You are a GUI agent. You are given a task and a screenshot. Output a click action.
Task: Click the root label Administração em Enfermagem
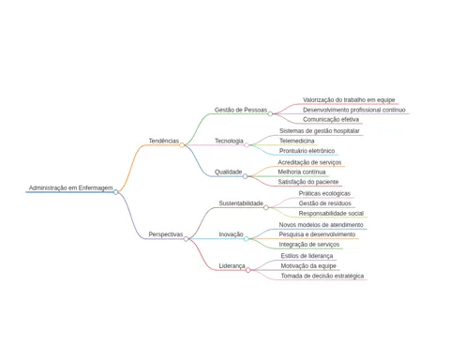[x=70, y=187]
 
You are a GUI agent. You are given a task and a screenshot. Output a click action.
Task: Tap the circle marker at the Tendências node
[x=182, y=145]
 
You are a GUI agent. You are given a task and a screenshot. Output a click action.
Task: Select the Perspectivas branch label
[x=166, y=234]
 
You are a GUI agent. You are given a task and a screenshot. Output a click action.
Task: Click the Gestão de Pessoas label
[x=241, y=110]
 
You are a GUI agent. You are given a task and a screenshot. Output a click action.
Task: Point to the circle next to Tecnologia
[x=247, y=145]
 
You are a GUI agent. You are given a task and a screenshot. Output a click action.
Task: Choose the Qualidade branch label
[x=228, y=172]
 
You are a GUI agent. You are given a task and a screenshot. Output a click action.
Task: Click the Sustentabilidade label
[x=241, y=203]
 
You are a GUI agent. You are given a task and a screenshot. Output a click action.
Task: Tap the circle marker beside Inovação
[x=247, y=239]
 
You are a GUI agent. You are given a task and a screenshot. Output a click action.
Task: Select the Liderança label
[x=232, y=266]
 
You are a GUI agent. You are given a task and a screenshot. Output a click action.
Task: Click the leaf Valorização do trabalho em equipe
[x=349, y=100]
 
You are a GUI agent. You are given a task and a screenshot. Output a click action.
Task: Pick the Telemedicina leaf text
[x=297, y=141]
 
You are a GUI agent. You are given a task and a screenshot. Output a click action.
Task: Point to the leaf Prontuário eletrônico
[x=307, y=151]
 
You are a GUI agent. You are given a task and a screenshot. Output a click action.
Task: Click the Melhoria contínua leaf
[x=302, y=172]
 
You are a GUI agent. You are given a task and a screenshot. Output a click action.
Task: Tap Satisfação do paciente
[x=308, y=182]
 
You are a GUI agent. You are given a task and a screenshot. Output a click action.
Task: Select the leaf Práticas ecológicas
[x=324, y=194]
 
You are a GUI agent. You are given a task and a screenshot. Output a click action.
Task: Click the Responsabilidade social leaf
[x=331, y=214]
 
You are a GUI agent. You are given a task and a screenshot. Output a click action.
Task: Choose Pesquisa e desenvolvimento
[x=317, y=234]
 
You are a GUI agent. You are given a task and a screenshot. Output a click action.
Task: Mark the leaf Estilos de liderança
[x=307, y=256]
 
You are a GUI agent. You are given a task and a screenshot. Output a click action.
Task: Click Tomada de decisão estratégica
[x=322, y=276]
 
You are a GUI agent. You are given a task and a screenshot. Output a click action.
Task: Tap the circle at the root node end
[x=115, y=192]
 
